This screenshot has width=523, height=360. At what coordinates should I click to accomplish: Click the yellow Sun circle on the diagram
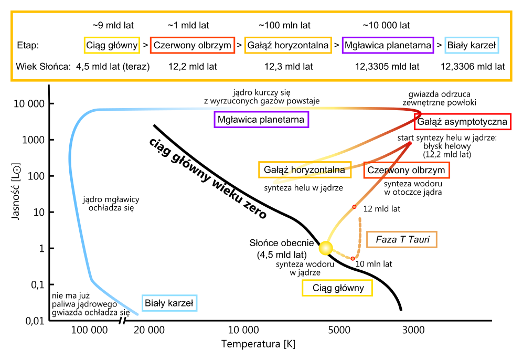[326, 248]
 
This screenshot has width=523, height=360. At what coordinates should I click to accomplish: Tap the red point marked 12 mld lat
[354, 207]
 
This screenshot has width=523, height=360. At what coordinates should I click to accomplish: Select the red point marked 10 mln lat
[353, 259]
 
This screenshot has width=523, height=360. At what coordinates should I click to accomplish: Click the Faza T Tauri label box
[402, 239]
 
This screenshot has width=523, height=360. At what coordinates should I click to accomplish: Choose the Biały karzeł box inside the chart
[169, 303]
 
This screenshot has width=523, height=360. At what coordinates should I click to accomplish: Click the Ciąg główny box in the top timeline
[112, 45]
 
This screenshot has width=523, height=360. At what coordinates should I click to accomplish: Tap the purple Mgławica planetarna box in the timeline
[388, 45]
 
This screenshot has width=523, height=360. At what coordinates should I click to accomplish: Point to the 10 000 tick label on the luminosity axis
[29, 104]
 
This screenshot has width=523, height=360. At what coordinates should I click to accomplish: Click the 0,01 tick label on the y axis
[35, 321]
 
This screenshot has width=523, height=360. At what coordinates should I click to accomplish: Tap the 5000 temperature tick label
[339, 330]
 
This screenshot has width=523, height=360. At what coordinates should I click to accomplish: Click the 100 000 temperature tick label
[89, 330]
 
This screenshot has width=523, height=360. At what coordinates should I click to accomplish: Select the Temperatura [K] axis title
[259, 344]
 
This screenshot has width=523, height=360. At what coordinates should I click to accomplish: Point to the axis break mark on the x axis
[123, 321]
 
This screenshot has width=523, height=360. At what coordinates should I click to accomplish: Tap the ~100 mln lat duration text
[284, 25]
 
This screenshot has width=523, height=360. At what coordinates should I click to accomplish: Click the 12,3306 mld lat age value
[473, 67]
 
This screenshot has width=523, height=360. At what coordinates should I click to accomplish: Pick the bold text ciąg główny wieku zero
[207, 178]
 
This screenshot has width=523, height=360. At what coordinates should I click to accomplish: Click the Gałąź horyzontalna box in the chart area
[305, 170]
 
